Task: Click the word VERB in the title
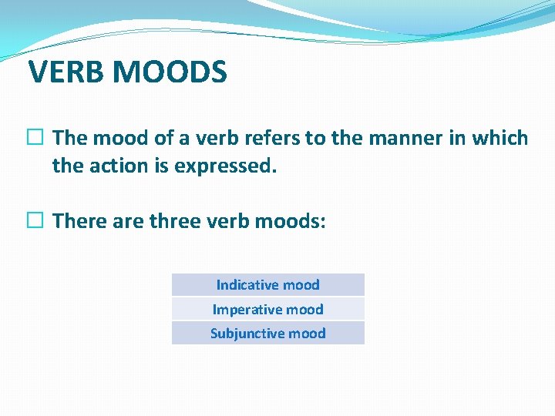(x=67, y=72)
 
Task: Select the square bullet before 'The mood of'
(x=38, y=139)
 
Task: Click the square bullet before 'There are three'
(x=38, y=222)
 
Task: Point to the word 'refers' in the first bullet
(x=274, y=139)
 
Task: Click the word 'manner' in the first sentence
(x=392, y=139)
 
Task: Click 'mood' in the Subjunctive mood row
(x=307, y=334)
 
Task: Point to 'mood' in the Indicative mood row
(x=301, y=285)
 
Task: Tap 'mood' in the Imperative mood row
(x=304, y=310)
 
